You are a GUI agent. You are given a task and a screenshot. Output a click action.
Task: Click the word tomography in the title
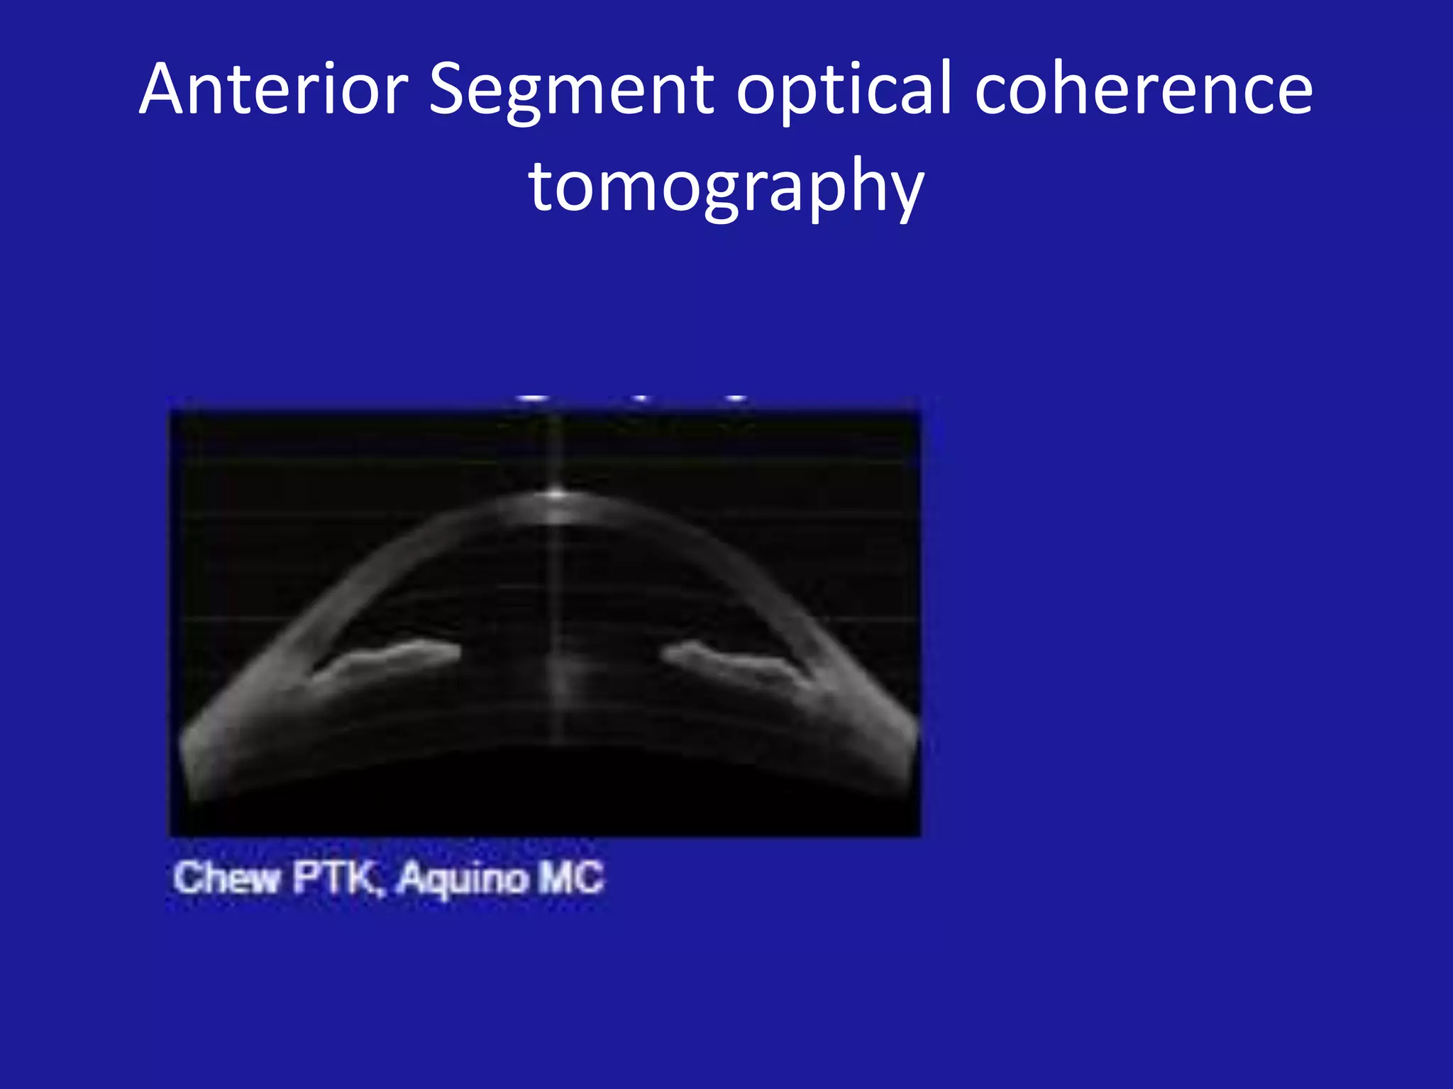726,186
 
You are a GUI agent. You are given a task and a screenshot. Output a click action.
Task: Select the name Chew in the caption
226,878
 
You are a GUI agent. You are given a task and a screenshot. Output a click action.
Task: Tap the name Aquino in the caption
462,878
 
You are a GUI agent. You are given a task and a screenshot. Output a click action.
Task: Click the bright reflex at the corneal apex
557,493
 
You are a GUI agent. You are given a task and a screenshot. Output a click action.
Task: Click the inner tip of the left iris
456,650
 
